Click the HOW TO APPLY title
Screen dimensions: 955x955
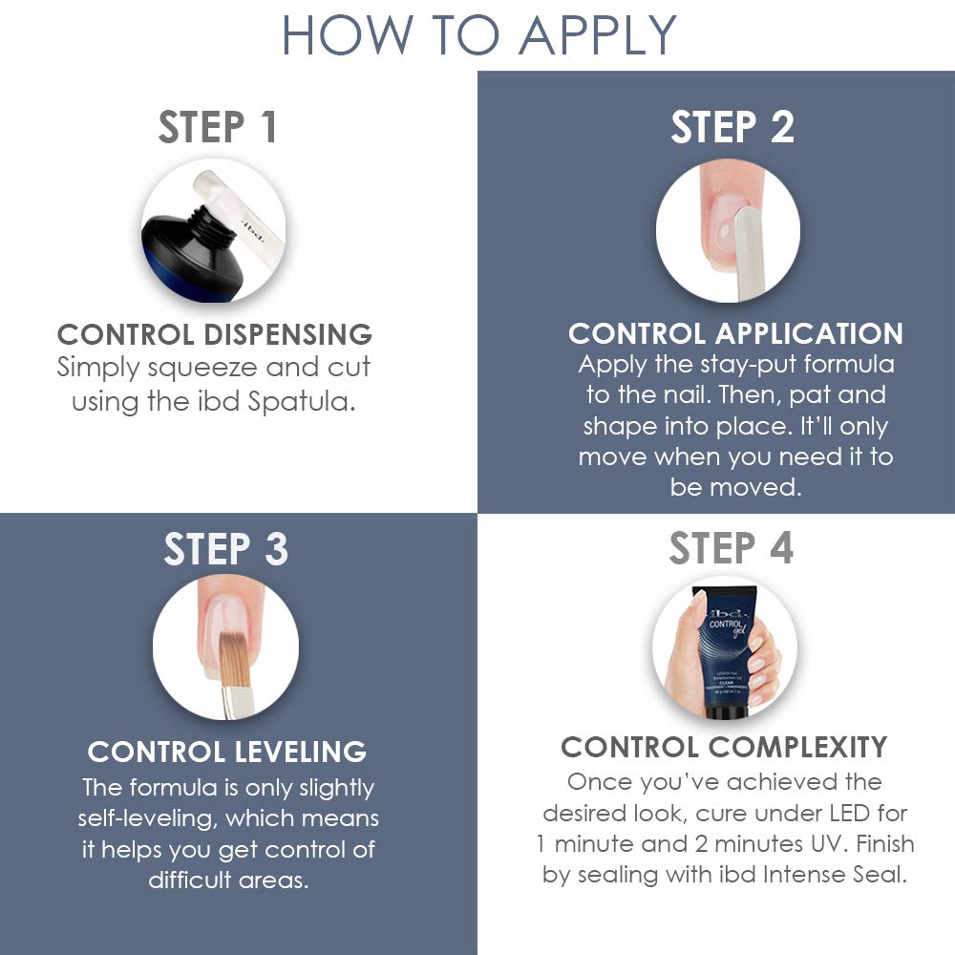click(478, 35)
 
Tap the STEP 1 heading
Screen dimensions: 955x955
click(218, 127)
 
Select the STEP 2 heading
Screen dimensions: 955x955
click(732, 127)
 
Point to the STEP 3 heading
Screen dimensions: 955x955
click(225, 549)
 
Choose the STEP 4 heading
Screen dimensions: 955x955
click(731, 547)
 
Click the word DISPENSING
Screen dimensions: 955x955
click(287, 334)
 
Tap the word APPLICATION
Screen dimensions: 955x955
click(809, 333)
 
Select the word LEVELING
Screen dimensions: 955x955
click(300, 752)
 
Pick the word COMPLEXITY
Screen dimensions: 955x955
click(797, 747)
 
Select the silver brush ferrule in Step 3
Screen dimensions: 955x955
click(234, 702)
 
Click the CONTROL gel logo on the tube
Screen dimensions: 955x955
click(727, 626)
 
